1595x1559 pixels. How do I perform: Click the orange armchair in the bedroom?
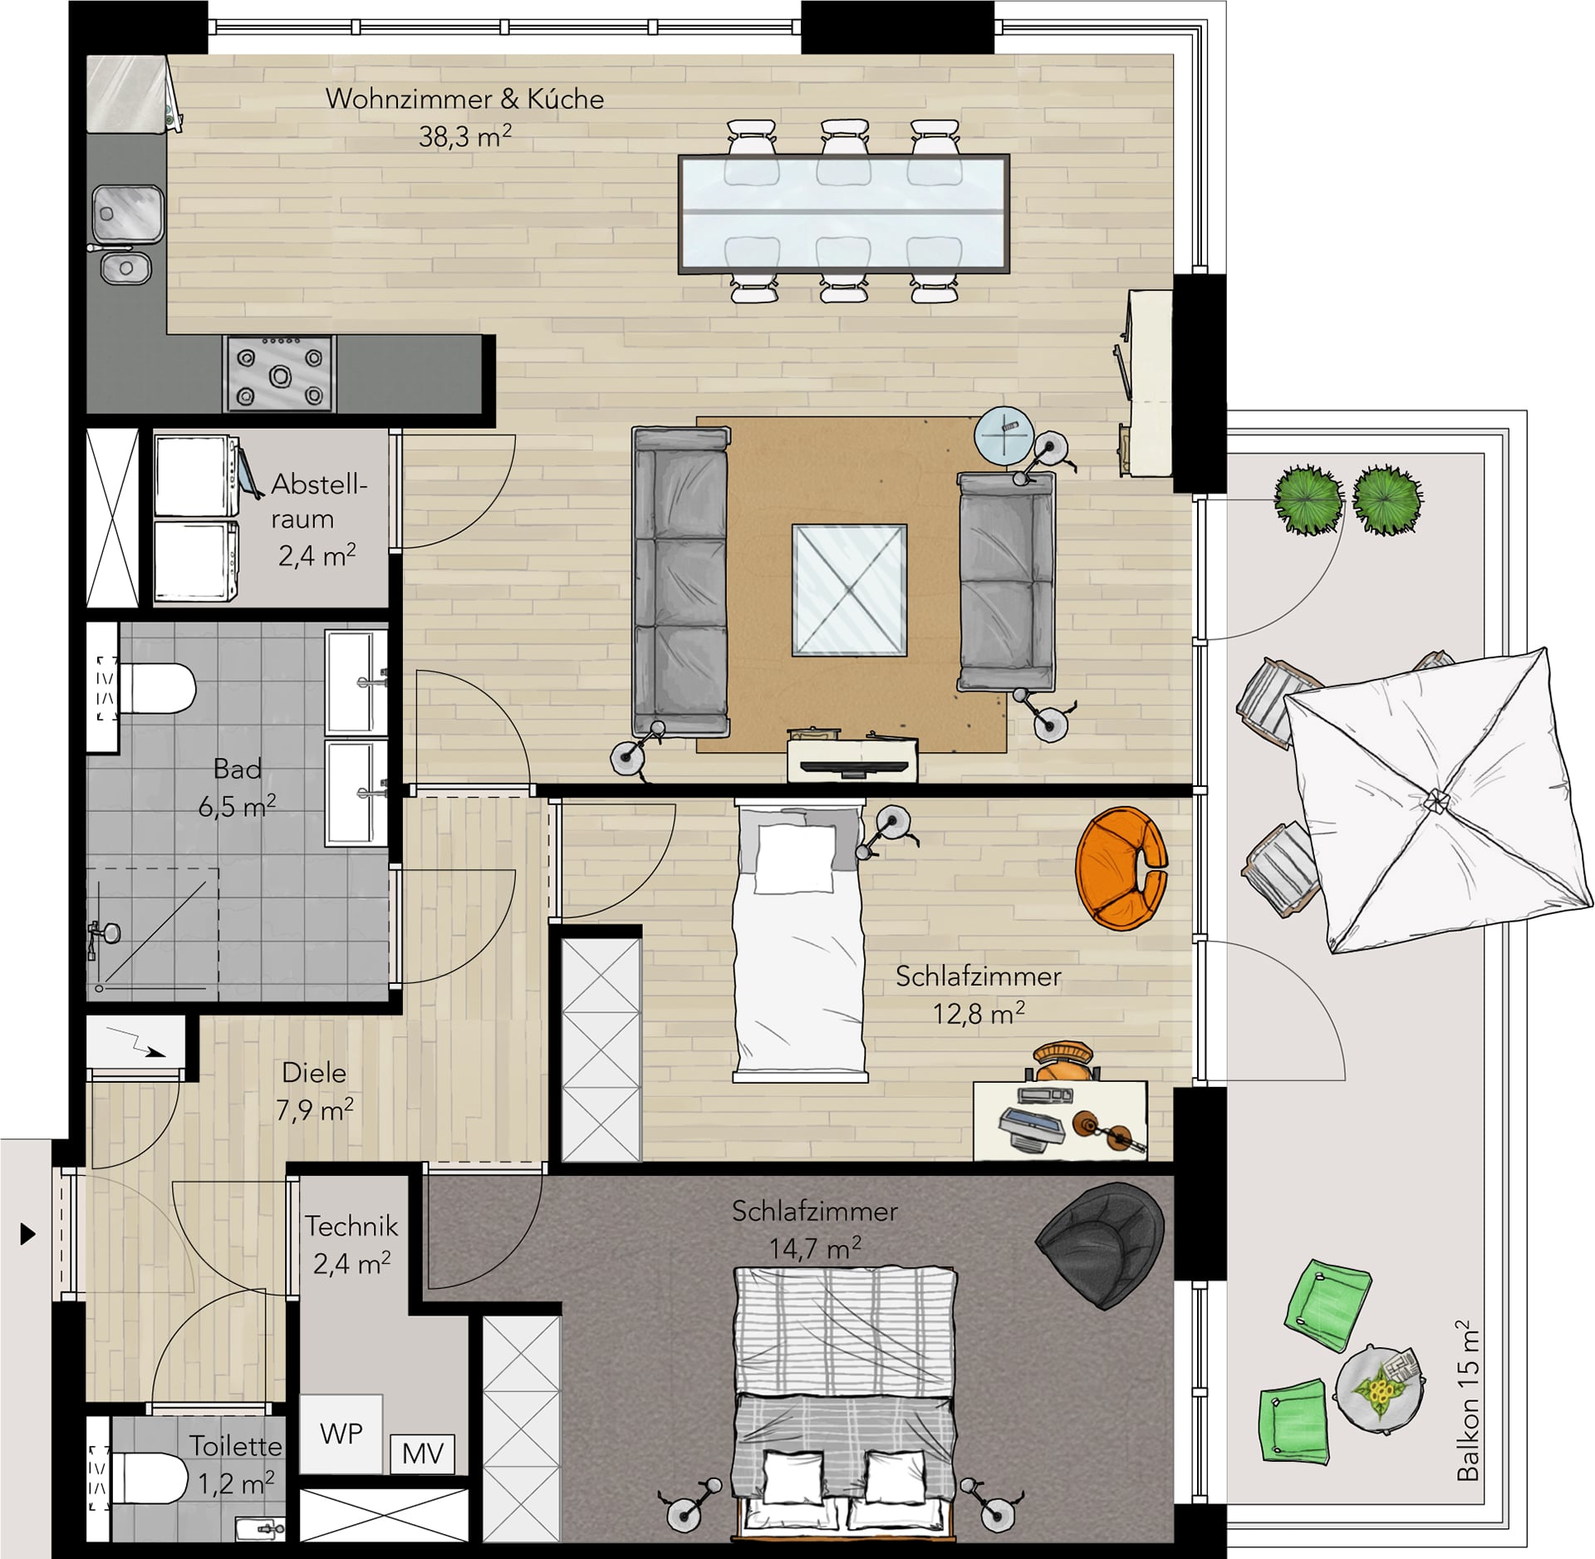coord(1121,869)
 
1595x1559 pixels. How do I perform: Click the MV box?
coord(423,1452)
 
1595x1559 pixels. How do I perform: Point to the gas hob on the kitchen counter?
coord(279,373)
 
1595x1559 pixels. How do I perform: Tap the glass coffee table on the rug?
coord(849,590)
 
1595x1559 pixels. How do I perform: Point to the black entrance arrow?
coord(28,1234)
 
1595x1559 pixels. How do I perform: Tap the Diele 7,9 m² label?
coord(315,1091)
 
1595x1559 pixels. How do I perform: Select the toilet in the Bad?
coord(148,688)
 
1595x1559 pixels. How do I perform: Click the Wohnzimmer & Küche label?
coord(465,99)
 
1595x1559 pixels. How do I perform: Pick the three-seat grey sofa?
coord(680,582)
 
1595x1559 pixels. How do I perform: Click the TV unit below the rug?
coord(853,756)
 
